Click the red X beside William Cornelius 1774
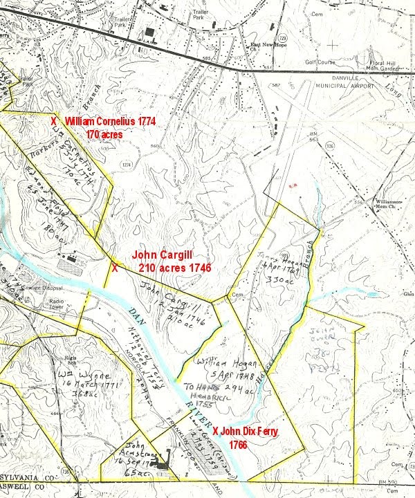pos(54,121)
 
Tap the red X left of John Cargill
pos(115,267)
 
